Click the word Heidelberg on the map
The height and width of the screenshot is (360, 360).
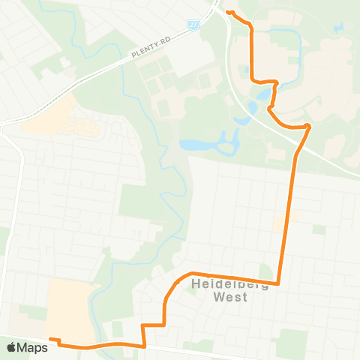[226, 283]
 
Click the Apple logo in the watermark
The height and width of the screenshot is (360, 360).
[11, 347]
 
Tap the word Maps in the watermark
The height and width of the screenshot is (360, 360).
[32, 347]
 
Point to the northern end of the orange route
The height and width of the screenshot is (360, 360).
[228, 12]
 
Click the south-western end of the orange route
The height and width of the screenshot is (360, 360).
[51, 340]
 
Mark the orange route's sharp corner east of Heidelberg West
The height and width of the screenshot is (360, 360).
[279, 283]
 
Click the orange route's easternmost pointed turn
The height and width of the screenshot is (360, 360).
[310, 125]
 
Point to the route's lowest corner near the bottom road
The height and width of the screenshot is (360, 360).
[144, 346]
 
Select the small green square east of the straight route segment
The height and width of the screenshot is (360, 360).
[319, 228]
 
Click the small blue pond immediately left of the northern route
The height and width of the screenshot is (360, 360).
[264, 95]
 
